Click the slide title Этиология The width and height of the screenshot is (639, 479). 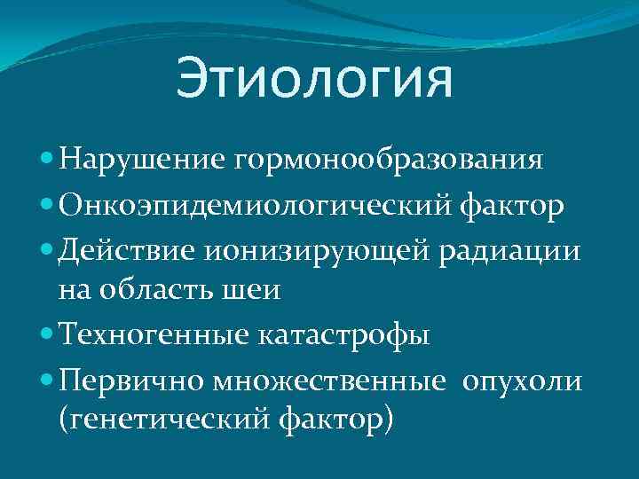[x=314, y=79]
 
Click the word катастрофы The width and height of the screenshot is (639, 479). [x=344, y=335]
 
